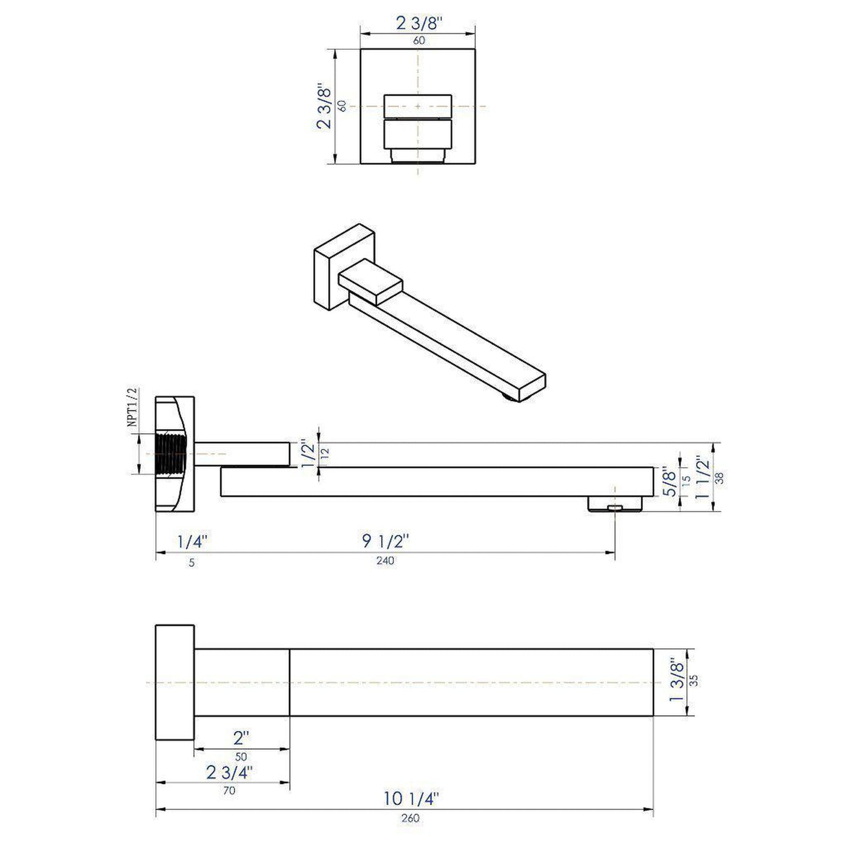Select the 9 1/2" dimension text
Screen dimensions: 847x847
tap(385, 541)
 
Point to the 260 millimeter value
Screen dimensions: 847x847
tap(411, 818)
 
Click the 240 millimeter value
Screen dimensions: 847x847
tap(385, 561)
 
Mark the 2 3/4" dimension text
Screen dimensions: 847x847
tap(229, 772)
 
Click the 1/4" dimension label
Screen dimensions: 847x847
tap(192, 542)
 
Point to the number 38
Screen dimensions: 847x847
tap(720, 477)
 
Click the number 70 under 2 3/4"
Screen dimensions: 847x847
tap(229, 791)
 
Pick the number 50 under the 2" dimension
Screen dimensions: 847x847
tap(241, 757)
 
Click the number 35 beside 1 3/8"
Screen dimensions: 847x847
tap(695, 681)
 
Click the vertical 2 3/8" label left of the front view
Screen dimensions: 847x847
tap(323, 107)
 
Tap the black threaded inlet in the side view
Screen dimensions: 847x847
tap(171, 455)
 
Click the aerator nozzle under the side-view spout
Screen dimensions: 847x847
tap(614, 505)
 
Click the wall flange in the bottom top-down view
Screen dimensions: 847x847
tap(175, 682)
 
